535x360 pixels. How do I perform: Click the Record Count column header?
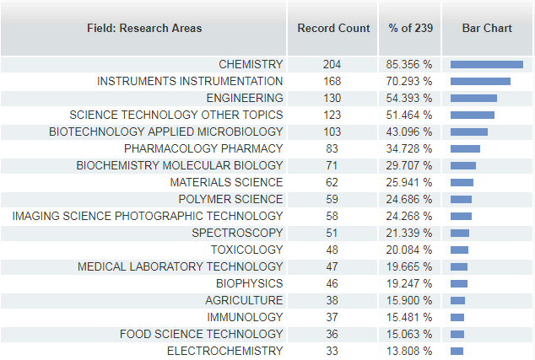point(333,28)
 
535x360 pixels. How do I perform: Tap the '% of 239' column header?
point(410,28)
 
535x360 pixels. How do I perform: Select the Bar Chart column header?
point(487,28)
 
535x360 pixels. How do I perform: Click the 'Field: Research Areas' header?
point(144,28)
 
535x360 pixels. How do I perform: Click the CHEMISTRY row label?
point(251,64)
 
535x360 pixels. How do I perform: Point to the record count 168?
point(332,81)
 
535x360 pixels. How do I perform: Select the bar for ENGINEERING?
point(473,98)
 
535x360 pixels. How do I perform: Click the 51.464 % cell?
point(409,115)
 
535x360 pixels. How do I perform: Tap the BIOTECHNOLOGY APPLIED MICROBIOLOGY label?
point(166,132)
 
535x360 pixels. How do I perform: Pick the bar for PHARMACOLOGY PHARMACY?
point(465,148)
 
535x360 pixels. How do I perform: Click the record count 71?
point(332,165)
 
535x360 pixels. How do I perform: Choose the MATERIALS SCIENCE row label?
point(226,182)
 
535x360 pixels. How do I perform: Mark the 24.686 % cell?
point(409,199)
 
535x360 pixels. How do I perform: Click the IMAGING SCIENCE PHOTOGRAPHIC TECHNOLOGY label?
point(148,216)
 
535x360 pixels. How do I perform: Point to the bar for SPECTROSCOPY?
point(460,234)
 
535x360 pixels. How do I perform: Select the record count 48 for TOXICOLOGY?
point(332,250)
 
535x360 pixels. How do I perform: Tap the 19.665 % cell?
point(409,266)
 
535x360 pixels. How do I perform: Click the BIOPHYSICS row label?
point(250,283)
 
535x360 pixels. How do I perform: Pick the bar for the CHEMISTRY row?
point(487,64)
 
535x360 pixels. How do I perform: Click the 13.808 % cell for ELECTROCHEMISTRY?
point(409,351)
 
